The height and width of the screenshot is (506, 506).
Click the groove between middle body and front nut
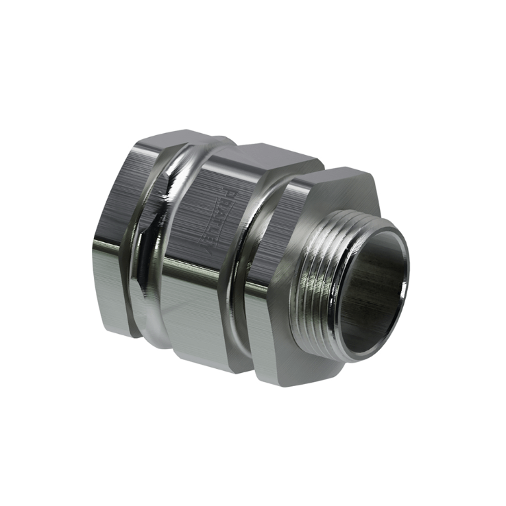pos(243,274)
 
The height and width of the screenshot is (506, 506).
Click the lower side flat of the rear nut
pos(113,302)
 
